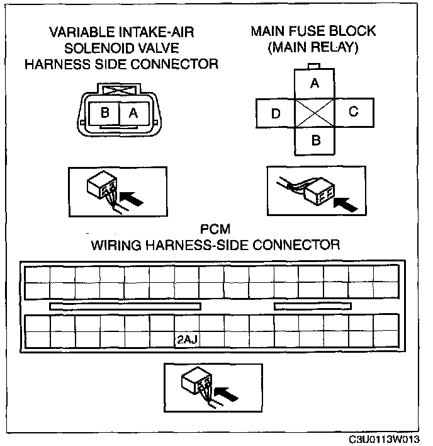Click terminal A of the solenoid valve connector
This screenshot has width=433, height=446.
click(133, 113)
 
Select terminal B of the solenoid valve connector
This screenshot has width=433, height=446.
click(105, 113)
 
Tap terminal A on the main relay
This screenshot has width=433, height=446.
click(315, 83)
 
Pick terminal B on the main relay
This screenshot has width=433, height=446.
click(315, 140)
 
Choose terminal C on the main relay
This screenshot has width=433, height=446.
click(353, 112)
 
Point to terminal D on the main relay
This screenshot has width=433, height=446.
click(276, 114)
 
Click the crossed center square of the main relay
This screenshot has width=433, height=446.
click(315, 112)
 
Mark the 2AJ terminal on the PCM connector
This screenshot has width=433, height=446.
click(186, 340)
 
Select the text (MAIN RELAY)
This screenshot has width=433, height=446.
click(313, 47)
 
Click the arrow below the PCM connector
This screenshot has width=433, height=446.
click(227, 392)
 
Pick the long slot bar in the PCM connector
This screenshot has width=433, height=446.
click(125, 306)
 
